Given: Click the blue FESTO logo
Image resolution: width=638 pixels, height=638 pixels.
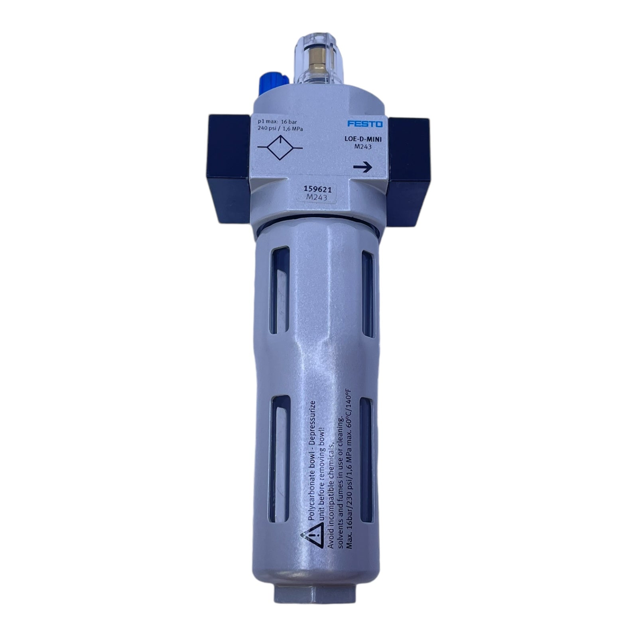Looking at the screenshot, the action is click(x=364, y=124).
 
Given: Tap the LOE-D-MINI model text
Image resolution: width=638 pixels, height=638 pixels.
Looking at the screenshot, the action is click(x=363, y=140).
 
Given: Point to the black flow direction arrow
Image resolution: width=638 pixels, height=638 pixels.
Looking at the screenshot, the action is click(x=362, y=167).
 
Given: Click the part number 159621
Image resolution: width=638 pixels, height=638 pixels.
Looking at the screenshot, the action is click(x=318, y=190).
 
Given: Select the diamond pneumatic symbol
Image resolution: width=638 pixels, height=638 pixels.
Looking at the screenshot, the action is click(x=280, y=148).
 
